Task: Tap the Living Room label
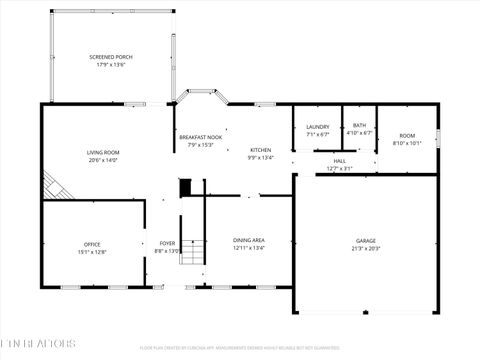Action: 103,152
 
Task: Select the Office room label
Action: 92,244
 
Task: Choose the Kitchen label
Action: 260,150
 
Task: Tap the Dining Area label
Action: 248,240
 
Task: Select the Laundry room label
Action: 318,126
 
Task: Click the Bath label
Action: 359,125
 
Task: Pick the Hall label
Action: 340,161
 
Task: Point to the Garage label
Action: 366,241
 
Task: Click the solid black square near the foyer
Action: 185,187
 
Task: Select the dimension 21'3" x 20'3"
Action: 366,247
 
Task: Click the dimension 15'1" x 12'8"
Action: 92,251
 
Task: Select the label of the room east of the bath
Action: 407,136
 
